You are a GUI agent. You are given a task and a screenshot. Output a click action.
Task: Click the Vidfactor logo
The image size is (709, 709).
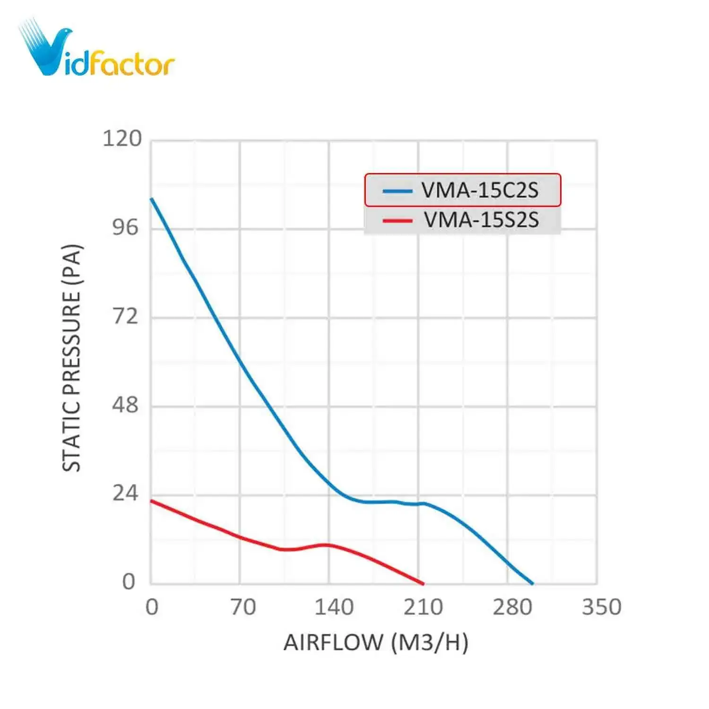pyautogui.click(x=97, y=50)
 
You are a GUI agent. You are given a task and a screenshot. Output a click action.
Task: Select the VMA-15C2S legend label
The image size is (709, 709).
pyautogui.click(x=480, y=190)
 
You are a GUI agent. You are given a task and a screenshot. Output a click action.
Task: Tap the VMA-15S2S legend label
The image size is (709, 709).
pyautogui.click(x=481, y=220)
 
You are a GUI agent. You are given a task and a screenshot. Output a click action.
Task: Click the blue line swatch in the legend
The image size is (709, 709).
pyautogui.click(x=397, y=191)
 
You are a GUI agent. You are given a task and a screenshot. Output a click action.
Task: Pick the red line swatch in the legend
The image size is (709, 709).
pyautogui.click(x=397, y=220)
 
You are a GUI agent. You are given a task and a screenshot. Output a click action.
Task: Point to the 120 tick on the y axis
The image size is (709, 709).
pyautogui.click(x=122, y=139)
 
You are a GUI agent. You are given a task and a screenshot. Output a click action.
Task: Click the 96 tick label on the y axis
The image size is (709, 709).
pyautogui.click(x=125, y=227)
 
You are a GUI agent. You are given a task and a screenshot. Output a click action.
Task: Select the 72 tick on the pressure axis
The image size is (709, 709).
pyautogui.click(x=125, y=316)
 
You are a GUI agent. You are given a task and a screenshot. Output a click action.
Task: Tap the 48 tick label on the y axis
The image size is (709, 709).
pyautogui.click(x=125, y=405)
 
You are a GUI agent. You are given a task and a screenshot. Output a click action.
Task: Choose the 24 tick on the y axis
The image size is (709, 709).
pyautogui.click(x=125, y=493)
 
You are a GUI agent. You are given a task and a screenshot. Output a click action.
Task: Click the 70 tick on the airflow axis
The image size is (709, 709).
pyautogui.click(x=243, y=607)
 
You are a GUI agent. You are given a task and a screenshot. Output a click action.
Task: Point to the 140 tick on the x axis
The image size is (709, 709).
pyautogui.click(x=334, y=607)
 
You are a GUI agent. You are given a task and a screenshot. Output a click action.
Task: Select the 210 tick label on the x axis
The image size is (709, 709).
pyautogui.click(x=423, y=607)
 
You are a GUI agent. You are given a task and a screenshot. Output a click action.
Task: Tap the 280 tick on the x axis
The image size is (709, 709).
pyautogui.click(x=512, y=607)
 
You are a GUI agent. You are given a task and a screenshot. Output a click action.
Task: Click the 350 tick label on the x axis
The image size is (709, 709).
pyautogui.click(x=601, y=607)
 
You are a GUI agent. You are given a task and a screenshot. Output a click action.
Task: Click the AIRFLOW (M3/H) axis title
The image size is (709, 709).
pyautogui.click(x=376, y=643)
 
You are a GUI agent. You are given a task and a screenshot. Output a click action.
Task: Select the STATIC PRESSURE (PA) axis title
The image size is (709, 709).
pyautogui.click(x=72, y=357)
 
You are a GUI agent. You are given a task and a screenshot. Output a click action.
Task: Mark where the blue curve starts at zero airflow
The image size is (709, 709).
pyautogui.click(x=151, y=199)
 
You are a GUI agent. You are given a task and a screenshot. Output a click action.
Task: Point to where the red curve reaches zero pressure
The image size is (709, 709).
pyautogui.click(x=423, y=584)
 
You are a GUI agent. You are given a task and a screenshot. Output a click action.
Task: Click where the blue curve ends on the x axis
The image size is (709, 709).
pyautogui.click(x=533, y=584)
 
